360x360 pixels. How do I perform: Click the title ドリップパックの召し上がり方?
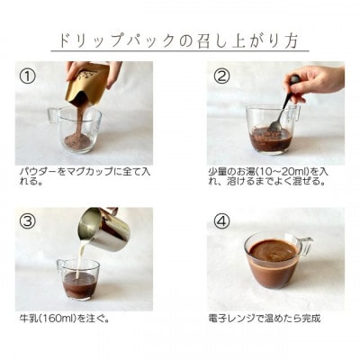click(x=180, y=39)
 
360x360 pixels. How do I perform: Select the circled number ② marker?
click(x=222, y=76)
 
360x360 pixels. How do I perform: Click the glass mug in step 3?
click(x=79, y=281)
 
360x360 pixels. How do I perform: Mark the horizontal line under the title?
click(x=180, y=52)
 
